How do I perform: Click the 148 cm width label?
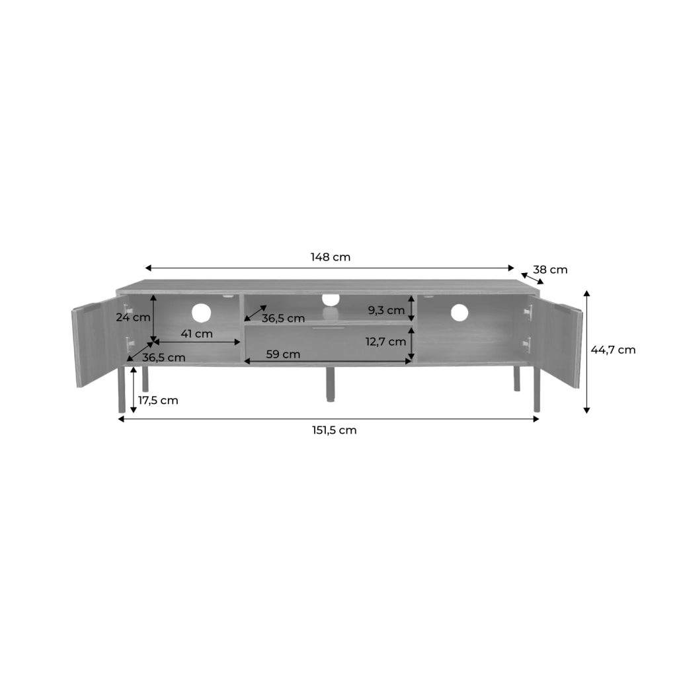pyautogui.click(x=331, y=257)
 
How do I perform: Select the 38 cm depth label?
pyautogui.click(x=550, y=270)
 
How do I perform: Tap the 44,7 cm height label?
pyautogui.click(x=613, y=350)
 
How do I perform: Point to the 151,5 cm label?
pyautogui.click(x=335, y=430)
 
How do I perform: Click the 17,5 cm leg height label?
pyautogui.click(x=158, y=401)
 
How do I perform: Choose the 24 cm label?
pyautogui.click(x=133, y=318)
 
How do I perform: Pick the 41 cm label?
pyautogui.click(x=197, y=334)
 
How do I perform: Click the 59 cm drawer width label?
pyautogui.click(x=283, y=354)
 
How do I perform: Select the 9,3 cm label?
pyautogui.click(x=386, y=311)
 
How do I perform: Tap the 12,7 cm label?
pyautogui.click(x=386, y=342)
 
